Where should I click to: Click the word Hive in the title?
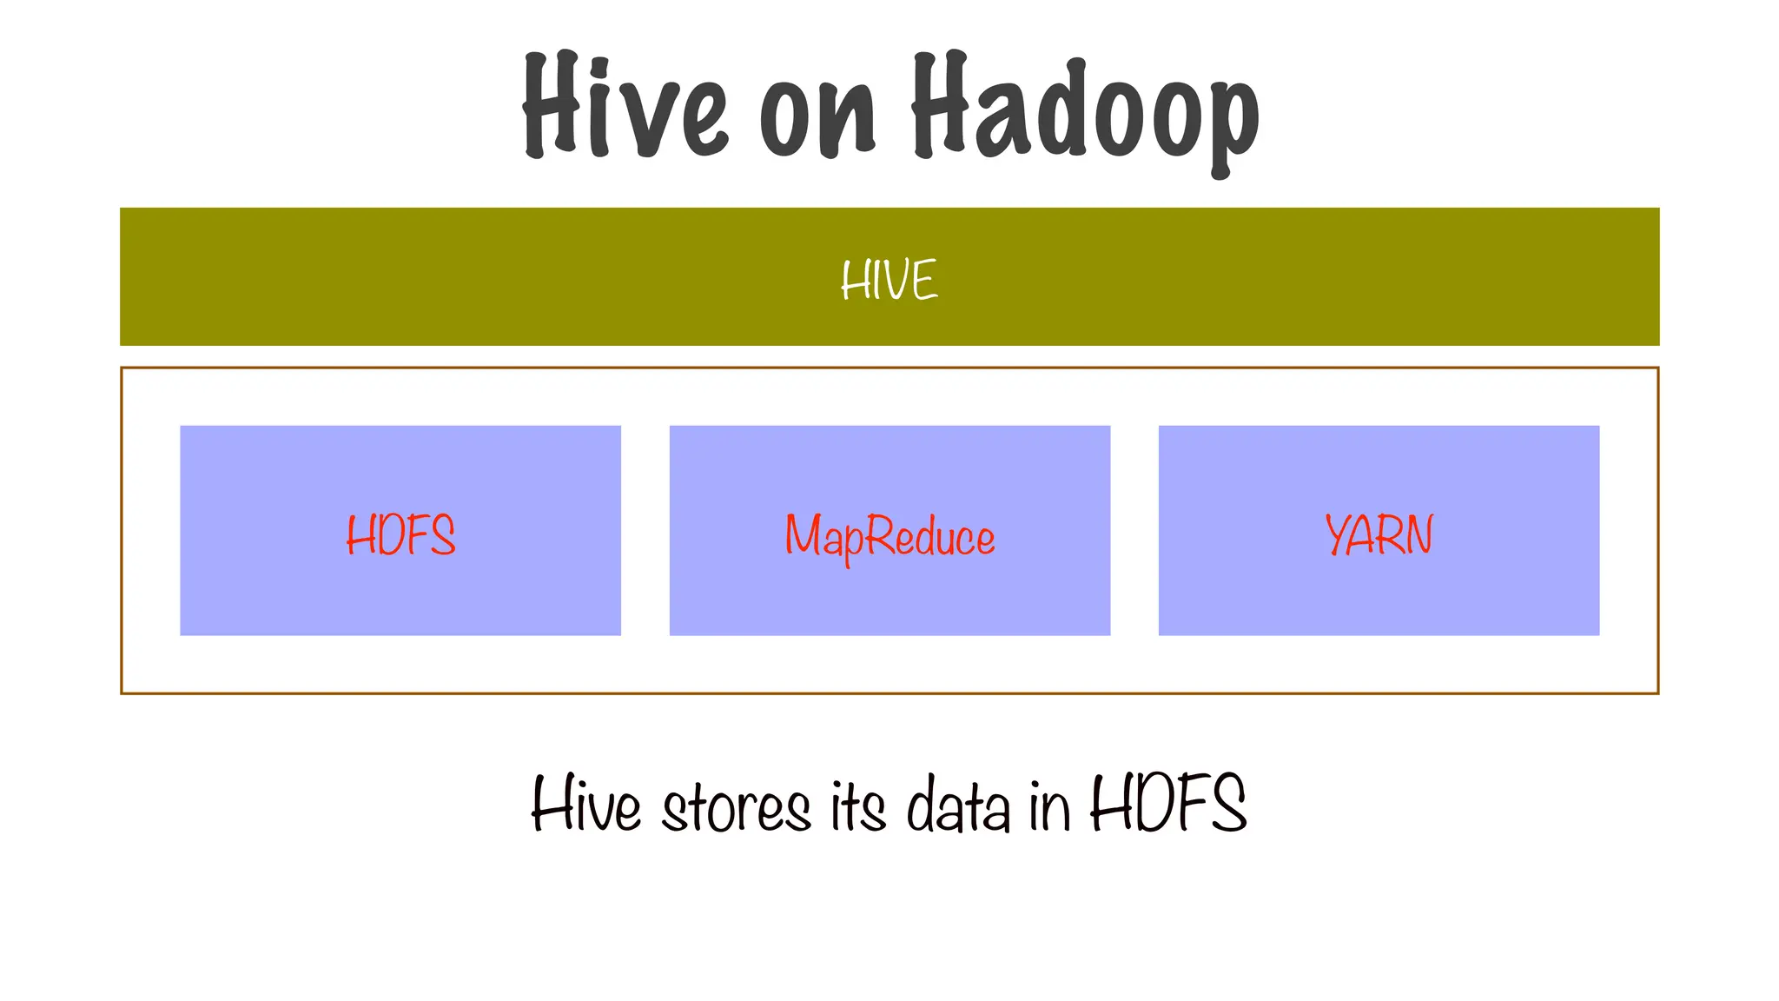(x=624, y=106)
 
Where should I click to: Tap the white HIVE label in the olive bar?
(x=889, y=280)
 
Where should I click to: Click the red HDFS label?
(x=400, y=535)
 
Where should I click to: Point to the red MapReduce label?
(x=889, y=537)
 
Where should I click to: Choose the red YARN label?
(x=1379, y=535)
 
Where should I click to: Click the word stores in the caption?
(x=736, y=807)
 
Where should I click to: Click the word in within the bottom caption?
(x=1049, y=807)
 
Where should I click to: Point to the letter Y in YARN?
(x=1338, y=534)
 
